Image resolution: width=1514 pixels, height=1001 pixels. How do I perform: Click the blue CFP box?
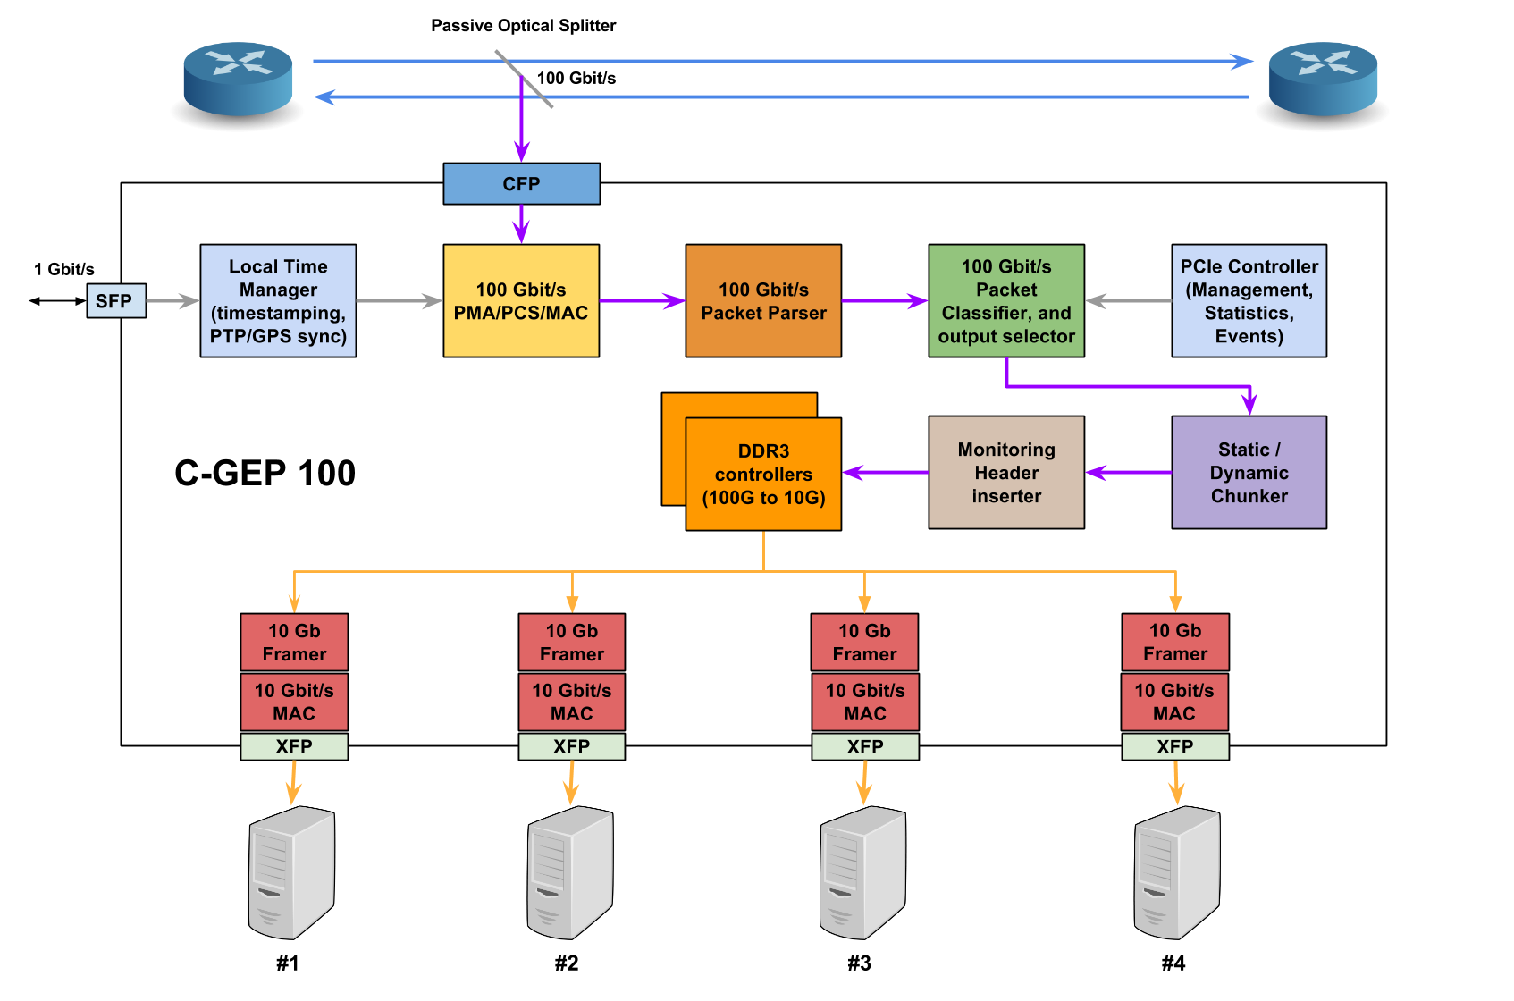[521, 184]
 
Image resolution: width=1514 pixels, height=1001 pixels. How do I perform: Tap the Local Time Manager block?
[278, 301]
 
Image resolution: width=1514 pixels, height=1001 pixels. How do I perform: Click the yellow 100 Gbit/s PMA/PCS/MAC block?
[521, 301]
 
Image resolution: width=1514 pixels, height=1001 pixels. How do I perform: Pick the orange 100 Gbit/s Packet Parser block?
[763, 301]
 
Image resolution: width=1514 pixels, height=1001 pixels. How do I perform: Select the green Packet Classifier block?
[1006, 301]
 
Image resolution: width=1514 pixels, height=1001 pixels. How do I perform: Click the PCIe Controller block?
[1249, 301]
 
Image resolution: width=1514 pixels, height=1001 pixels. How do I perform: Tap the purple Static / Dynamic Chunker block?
[1249, 472]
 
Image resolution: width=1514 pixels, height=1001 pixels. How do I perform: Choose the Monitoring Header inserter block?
[1006, 472]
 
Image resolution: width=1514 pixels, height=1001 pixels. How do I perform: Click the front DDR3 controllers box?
[763, 475]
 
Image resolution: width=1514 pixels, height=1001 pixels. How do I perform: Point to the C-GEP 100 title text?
[265, 473]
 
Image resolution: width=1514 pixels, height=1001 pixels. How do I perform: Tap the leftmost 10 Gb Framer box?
[294, 642]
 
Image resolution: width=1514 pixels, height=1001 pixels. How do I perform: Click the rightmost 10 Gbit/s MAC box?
[1174, 702]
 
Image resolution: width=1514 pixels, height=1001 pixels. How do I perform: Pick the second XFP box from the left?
[572, 746]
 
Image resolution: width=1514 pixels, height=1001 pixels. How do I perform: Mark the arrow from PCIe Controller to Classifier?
[1128, 301]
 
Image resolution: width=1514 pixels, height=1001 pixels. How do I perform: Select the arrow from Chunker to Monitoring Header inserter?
[1128, 472]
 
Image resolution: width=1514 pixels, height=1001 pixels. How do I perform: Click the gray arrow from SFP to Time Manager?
[172, 301]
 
